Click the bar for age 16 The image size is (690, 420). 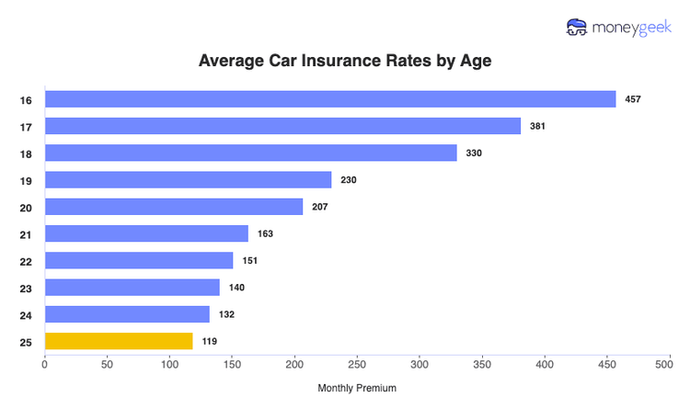(x=330, y=99)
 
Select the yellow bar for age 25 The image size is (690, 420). (x=119, y=341)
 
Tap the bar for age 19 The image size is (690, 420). (x=188, y=180)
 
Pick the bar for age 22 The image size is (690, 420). (x=139, y=260)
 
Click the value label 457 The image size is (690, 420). (x=633, y=99)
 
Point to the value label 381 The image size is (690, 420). (x=538, y=126)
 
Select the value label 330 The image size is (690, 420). (x=475, y=153)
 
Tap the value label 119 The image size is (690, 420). (x=210, y=342)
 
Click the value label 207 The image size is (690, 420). (x=320, y=207)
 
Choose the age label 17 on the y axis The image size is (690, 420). (x=26, y=127)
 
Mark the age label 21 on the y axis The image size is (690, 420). (x=26, y=234)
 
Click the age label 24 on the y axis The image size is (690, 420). (x=26, y=315)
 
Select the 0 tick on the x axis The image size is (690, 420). (x=45, y=365)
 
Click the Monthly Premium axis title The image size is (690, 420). (x=357, y=389)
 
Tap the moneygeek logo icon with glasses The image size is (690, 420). (x=578, y=27)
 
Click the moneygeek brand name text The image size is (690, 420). (x=636, y=27)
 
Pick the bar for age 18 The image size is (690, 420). (x=251, y=153)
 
